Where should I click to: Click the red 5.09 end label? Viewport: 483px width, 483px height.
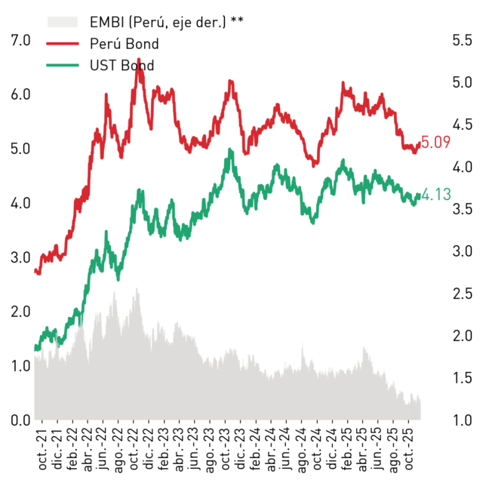pos(435,143)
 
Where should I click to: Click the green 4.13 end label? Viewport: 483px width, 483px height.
pos(436,195)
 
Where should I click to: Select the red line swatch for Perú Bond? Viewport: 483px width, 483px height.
pos(63,44)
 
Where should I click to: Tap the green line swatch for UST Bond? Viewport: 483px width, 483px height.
pos(63,66)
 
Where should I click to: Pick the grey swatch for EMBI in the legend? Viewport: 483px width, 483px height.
pos(63,22)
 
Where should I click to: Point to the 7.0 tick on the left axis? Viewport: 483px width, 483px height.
pos(20,40)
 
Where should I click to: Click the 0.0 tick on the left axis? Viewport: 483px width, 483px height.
pos(20,420)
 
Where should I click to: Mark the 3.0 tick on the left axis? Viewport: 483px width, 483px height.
pos(20,257)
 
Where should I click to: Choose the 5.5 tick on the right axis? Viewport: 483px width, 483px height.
pos(462,40)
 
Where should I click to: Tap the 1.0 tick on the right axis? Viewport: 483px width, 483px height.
pos(462,420)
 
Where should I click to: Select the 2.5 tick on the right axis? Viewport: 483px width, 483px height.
pos(462,294)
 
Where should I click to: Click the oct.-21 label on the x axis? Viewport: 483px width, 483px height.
pos(42,450)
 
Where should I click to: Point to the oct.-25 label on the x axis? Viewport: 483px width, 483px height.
pos(409,450)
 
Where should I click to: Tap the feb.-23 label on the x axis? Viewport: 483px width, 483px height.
pos(165,450)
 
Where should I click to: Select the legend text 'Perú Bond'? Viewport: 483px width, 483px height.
pos(124,44)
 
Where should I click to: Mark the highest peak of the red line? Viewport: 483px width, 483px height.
pos(139,59)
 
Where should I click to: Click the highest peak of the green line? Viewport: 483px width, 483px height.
pos(229,149)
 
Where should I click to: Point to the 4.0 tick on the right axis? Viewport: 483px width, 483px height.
pos(462,167)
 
